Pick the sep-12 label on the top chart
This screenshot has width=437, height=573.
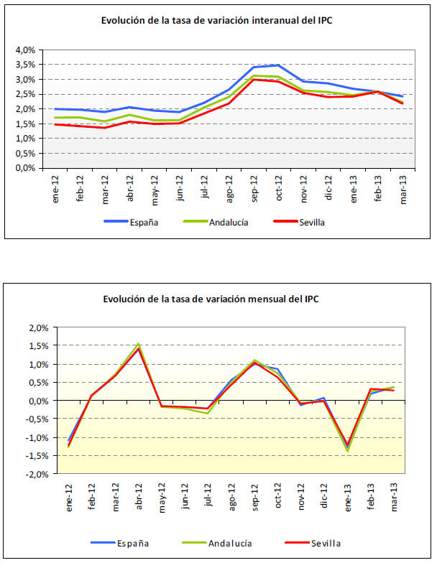[x=254, y=188]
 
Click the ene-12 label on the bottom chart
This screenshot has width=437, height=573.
[x=69, y=494]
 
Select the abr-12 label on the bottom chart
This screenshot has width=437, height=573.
[x=138, y=494]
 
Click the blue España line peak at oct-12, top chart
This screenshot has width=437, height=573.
[x=277, y=65]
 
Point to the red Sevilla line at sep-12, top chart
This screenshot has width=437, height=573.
[x=254, y=80]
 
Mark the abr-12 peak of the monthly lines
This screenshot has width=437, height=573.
[x=138, y=345]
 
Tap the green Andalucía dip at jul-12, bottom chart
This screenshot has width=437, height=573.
[x=208, y=413]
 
